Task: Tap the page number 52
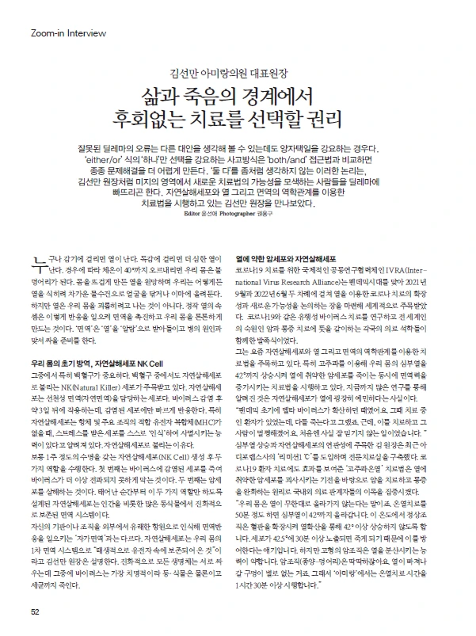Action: point(35,611)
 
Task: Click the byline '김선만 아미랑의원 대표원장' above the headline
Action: point(238,70)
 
